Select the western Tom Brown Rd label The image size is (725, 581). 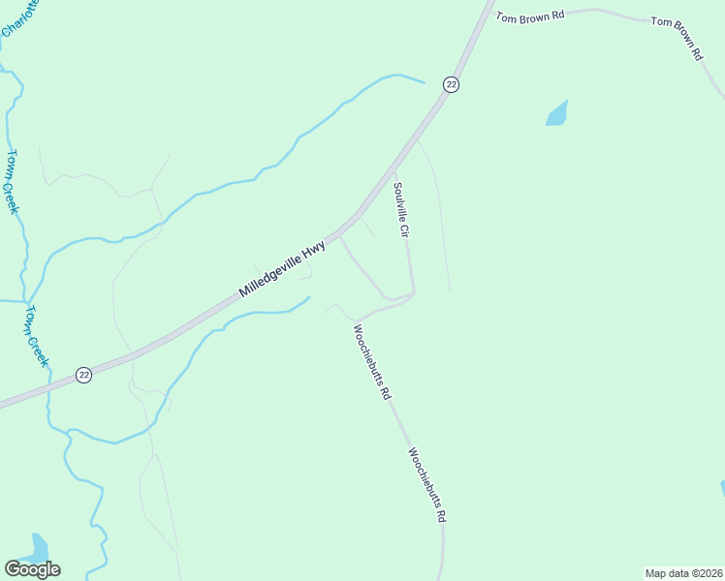tap(530, 15)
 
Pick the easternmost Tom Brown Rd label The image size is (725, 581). tap(677, 38)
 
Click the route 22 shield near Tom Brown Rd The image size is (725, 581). tap(451, 85)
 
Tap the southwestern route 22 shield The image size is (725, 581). tap(84, 375)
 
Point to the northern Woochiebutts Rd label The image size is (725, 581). tap(371, 362)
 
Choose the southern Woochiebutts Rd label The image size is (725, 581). tap(426, 485)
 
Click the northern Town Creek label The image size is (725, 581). tap(14, 181)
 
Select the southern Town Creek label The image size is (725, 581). tap(37, 335)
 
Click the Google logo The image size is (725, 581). tap(32, 569)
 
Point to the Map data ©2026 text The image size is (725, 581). tap(683, 572)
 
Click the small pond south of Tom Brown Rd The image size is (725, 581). tap(557, 114)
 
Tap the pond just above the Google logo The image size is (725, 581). tap(38, 547)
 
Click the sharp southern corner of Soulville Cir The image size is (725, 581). tap(414, 293)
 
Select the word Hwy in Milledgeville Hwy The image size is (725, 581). tap(313, 254)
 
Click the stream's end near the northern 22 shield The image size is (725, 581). tap(424, 82)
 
